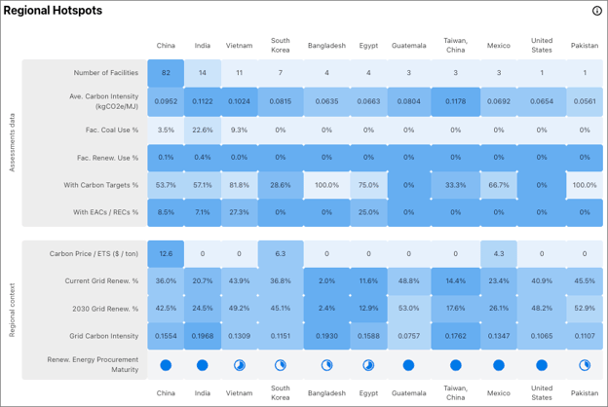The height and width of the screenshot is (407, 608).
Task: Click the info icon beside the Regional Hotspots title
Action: coord(596,11)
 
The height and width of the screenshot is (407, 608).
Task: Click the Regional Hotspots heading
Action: coord(53,11)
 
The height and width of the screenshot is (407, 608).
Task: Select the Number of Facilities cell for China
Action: coord(166,73)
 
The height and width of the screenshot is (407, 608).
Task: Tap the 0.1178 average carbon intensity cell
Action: coord(455,101)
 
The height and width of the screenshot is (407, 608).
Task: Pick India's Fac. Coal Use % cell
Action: coord(203,130)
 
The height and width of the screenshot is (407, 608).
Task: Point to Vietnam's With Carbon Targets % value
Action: coord(239,185)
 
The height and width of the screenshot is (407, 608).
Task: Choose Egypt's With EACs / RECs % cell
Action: coord(368,212)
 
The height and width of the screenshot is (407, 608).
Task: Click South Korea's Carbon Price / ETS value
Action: coord(281,254)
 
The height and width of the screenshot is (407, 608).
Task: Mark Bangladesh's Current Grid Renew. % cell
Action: coord(326,281)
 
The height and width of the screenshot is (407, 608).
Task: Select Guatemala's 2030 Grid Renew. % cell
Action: coord(408,309)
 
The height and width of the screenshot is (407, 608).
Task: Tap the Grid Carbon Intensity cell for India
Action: coord(203,336)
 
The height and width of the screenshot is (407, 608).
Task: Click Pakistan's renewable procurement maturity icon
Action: coord(585,365)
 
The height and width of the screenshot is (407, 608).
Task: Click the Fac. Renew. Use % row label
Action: coord(107,158)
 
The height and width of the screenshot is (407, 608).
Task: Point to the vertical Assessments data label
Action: coord(12,142)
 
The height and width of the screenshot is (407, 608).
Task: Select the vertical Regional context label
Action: coord(12,310)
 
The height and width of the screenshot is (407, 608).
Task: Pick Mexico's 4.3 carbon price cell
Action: coord(499,254)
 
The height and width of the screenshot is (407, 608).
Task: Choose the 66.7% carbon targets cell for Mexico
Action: coord(499,185)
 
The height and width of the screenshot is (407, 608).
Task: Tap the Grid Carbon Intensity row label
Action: coord(103,336)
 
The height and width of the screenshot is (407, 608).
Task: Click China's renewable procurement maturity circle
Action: coord(166,365)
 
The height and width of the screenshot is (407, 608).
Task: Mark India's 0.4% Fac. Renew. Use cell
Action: coord(203,158)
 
